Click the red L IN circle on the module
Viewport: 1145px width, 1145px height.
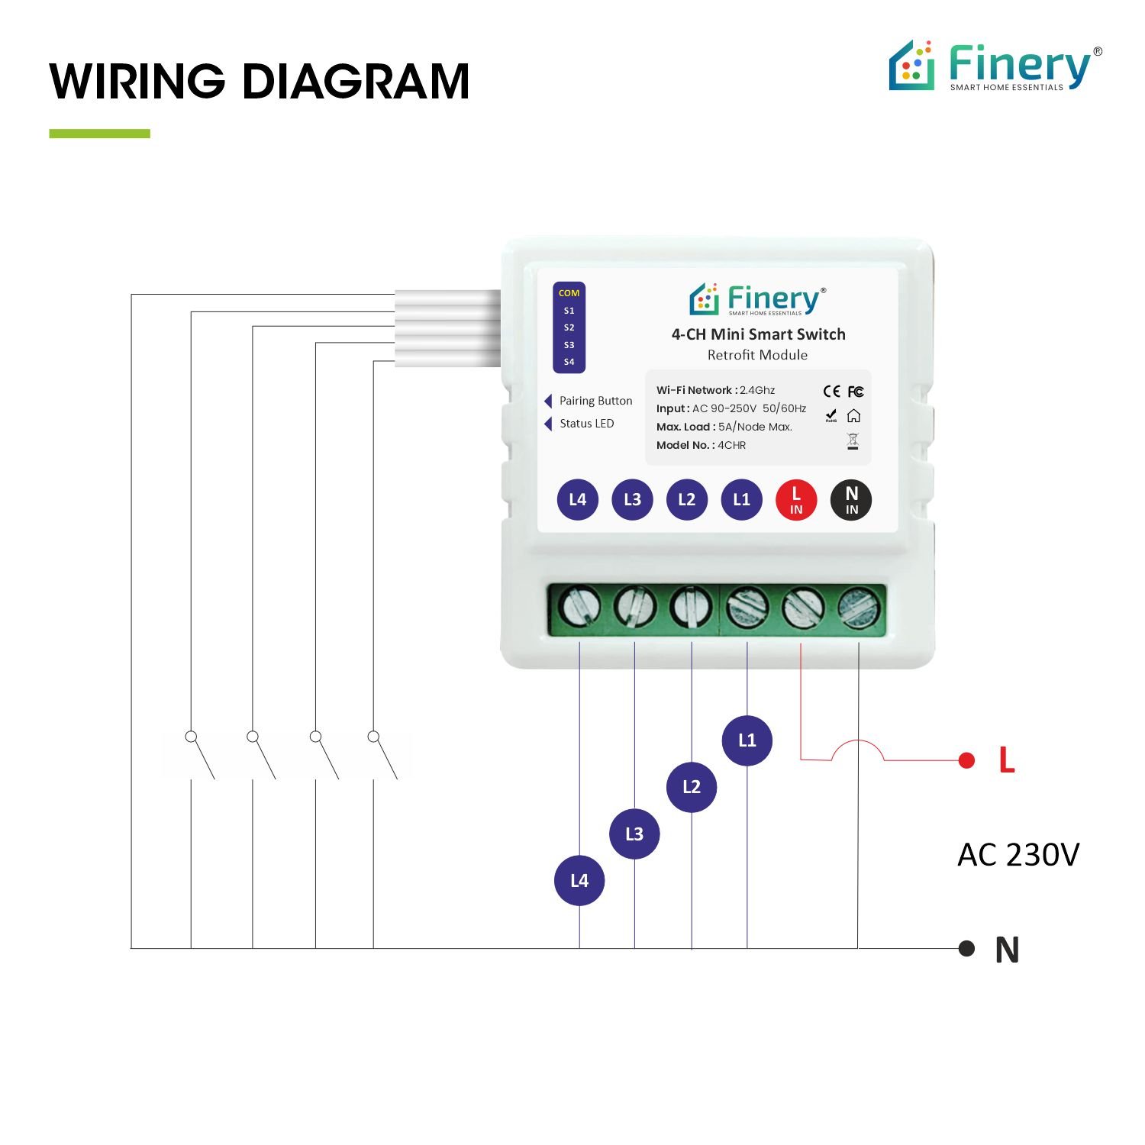coord(796,500)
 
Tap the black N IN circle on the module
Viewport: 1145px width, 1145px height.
coord(851,500)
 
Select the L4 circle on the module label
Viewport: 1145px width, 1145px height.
coord(577,500)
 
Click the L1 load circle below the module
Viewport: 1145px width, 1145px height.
coord(747,740)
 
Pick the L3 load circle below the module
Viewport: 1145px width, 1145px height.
coord(634,834)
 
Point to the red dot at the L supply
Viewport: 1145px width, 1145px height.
coord(966,760)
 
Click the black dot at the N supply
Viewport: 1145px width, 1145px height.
coord(966,948)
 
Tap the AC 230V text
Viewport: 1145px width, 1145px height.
coord(1018,855)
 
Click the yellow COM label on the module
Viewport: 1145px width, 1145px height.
coord(569,293)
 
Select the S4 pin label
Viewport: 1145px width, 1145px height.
coord(569,362)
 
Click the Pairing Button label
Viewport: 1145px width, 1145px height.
coord(595,401)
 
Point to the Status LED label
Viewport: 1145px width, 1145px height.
coord(586,424)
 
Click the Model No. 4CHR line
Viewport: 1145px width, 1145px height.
coord(701,445)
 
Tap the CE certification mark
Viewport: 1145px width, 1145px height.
coord(831,392)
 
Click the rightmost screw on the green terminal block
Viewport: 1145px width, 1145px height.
coord(860,608)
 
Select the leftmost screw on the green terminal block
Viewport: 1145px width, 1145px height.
coord(579,608)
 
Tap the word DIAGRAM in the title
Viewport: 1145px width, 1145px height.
coord(355,82)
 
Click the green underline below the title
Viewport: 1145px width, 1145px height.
coord(99,134)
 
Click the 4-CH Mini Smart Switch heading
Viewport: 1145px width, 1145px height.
coord(758,334)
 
